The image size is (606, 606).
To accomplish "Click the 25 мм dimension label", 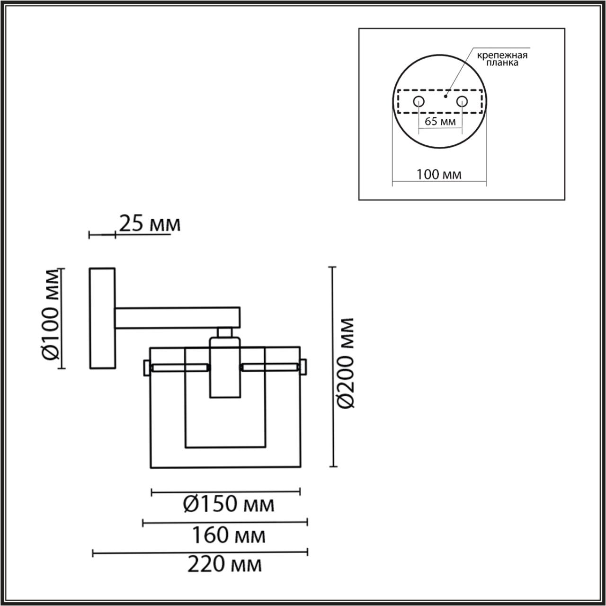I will [x=149, y=223].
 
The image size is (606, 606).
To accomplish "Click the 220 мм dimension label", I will [x=224, y=564].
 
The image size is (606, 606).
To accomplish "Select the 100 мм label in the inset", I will [x=438, y=174].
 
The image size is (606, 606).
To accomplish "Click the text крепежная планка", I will [x=502, y=59].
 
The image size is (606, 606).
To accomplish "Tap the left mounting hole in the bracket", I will [x=419, y=101].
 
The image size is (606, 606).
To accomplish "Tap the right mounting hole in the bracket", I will [x=462, y=101].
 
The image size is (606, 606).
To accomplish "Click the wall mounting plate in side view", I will [x=102, y=318].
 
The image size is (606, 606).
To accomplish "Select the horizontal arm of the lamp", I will [x=178, y=318].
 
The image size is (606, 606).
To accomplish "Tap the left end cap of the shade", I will [x=146, y=367].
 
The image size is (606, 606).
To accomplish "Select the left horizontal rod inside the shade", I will [x=179, y=367].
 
